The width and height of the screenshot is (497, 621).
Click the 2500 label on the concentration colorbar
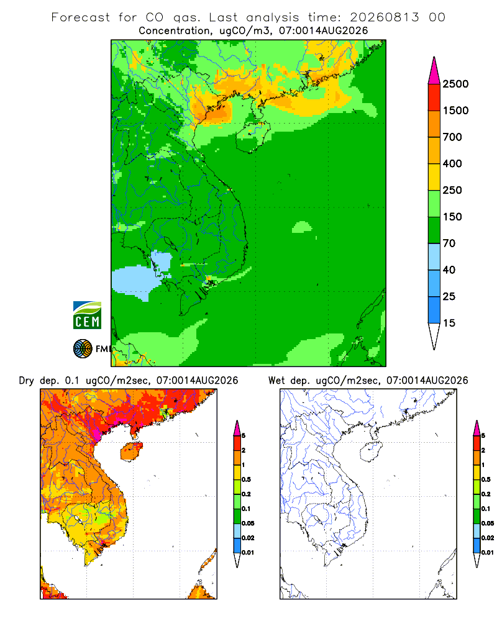click(455, 84)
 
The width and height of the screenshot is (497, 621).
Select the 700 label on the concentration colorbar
click(452, 137)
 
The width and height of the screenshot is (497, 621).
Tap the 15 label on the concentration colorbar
click(449, 323)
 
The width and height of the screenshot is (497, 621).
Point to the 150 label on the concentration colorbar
click(452, 217)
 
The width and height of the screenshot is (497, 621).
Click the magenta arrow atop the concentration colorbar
click(434, 71)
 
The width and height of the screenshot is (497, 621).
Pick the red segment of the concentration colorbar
click(434, 97)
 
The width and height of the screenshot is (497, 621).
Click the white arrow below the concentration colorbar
click(434, 335)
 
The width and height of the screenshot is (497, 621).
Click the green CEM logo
click(87, 315)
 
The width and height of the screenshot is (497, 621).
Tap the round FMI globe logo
click(83, 348)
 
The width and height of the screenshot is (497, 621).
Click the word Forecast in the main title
click(81, 17)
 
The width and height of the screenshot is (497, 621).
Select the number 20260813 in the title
click(384, 17)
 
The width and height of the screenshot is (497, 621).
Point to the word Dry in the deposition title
click(27, 381)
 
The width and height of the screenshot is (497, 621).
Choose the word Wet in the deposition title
click(276, 381)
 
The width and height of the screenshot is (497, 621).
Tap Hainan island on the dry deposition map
click(132, 451)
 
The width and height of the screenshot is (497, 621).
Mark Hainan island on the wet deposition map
click(371, 451)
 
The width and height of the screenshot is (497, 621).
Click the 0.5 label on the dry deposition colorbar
click(246, 479)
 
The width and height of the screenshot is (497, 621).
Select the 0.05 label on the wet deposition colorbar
click(488, 523)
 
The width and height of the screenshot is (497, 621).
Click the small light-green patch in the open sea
click(302, 227)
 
